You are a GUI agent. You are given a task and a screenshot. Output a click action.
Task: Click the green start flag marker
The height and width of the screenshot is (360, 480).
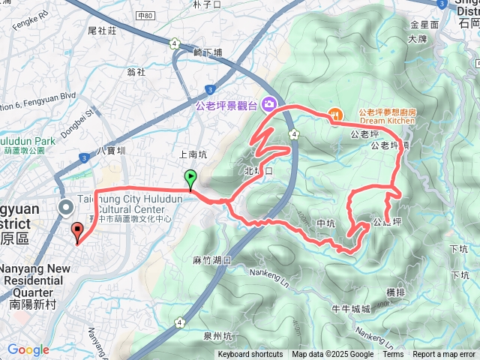click(x=190, y=179)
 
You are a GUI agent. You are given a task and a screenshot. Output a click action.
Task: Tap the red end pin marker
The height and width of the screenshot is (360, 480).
click(x=76, y=232)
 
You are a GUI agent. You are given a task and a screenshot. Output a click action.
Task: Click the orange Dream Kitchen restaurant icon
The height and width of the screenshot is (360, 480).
click(x=334, y=115)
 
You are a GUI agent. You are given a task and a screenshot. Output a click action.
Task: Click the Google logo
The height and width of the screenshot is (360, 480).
click(x=28, y=350)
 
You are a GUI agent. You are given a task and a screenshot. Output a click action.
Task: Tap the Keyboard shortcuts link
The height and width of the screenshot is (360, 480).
click(x=250, y=355)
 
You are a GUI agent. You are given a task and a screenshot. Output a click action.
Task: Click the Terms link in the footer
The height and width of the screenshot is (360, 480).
click(x=393, y=355)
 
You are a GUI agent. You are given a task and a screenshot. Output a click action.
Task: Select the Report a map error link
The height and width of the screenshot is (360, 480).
click(x=444, y=355)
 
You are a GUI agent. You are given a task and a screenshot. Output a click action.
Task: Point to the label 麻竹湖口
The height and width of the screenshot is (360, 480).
click(x=211, y=260)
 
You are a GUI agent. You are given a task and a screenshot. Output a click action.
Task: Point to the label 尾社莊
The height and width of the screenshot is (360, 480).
click(x=102, y=31)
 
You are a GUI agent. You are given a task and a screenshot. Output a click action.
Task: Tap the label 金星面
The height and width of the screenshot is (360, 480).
click(x=424, y=25)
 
